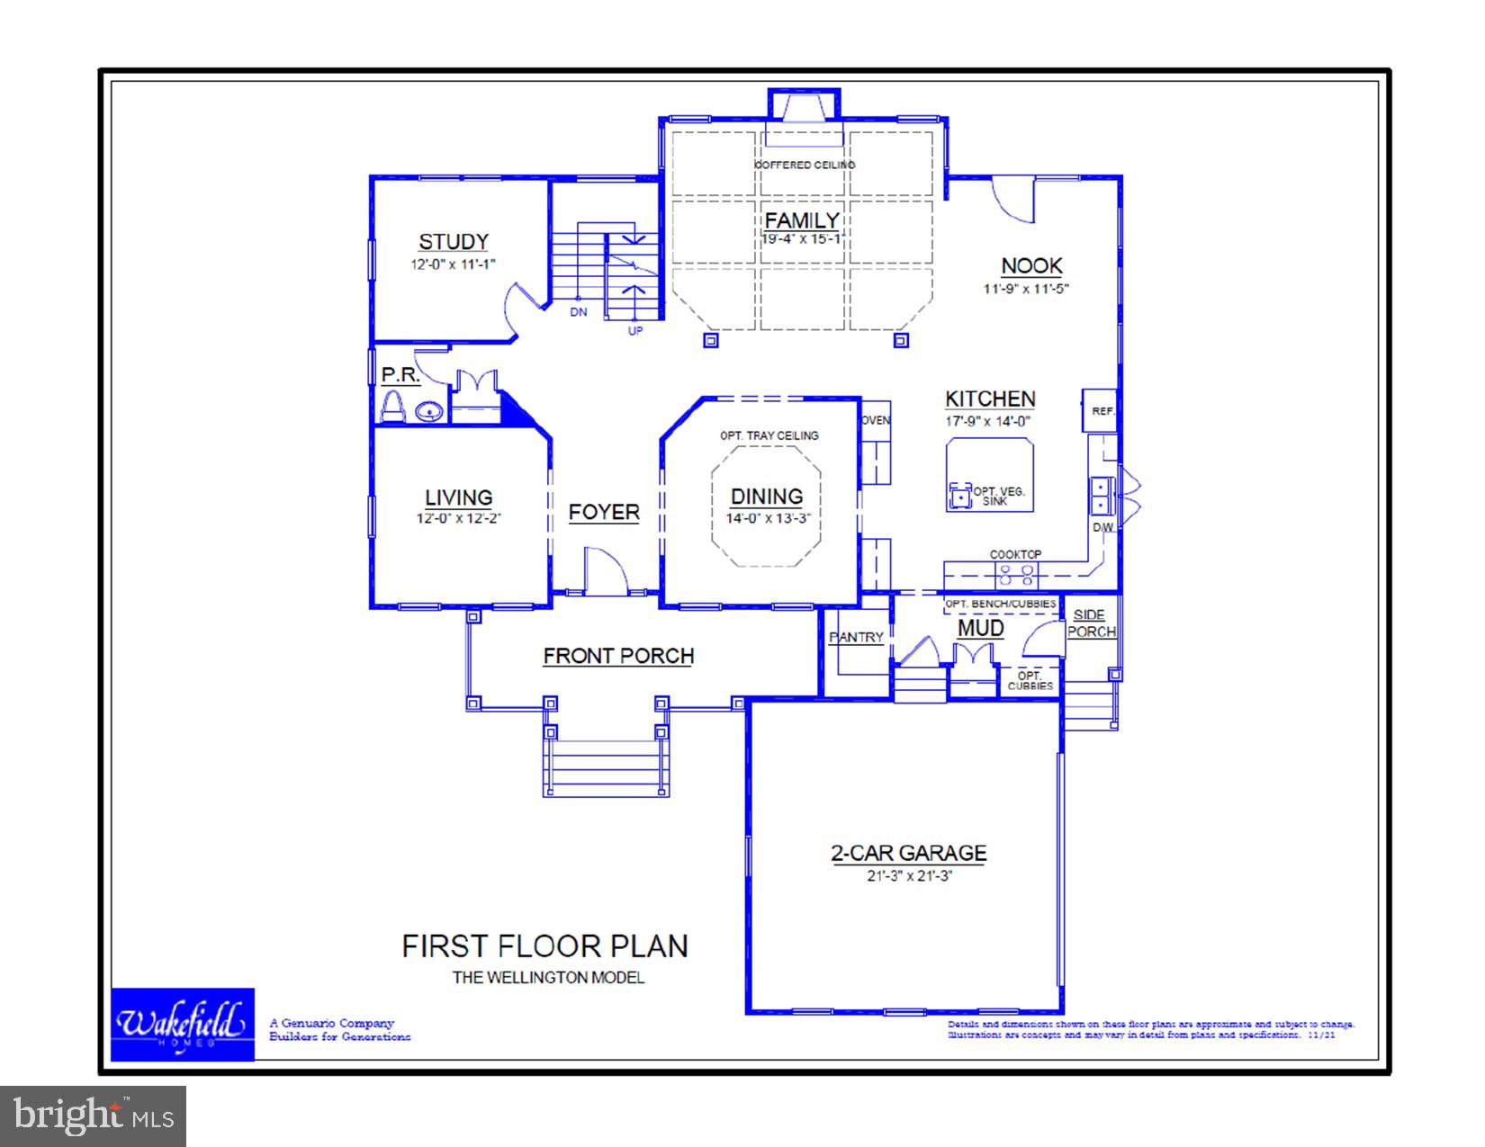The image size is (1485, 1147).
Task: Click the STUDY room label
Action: coord(453,241)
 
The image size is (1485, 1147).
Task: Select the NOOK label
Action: coord(1031,265)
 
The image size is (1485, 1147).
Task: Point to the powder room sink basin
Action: coord(429,413)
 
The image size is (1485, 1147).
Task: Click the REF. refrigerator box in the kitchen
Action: coord(1101,411)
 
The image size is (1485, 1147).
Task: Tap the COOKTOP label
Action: coord(1015,554)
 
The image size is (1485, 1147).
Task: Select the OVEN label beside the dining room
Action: coord(876,420)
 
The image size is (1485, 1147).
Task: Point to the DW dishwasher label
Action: coord(1102,527)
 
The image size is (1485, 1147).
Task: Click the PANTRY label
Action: coord(856,637)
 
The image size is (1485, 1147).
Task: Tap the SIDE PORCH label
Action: coord(1091,623)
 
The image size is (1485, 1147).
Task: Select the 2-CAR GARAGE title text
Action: coord(908,853)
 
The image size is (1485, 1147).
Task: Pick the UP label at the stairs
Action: coord(635,330)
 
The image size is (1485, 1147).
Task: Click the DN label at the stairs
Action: coord(578,312)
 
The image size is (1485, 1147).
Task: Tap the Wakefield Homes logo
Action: coord(182,1025)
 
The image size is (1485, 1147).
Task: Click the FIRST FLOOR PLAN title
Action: coord(544,946)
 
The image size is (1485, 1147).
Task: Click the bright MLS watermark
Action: coord(94,1116)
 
